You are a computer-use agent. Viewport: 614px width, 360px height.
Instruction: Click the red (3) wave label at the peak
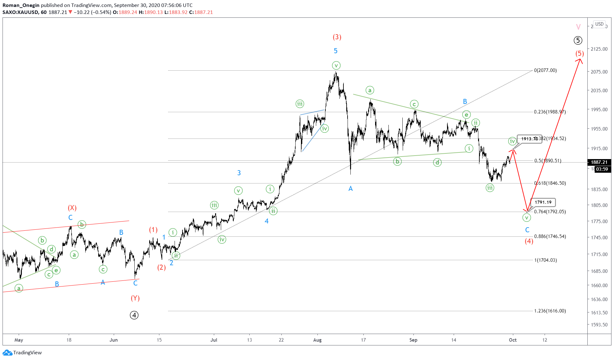click(337, 37)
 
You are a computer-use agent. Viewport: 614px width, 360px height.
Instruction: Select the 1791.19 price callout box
click(543, 202)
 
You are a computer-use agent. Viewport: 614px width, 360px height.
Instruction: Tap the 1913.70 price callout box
click(529, 139)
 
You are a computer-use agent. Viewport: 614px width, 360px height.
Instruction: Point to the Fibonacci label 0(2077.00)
click(545, 70)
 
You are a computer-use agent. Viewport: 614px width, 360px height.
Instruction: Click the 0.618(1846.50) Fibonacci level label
click(550, 183)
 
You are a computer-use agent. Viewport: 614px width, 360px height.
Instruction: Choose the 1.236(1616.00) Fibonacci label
click(550, 311)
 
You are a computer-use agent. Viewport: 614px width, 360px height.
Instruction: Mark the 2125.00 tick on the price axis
click(599, 49)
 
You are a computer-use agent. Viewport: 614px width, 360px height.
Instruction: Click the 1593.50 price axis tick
click(599, 325)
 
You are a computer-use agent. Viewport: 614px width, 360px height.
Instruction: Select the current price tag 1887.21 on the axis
click(599, 162)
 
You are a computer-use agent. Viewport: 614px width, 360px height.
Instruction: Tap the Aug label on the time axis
click(317, 340)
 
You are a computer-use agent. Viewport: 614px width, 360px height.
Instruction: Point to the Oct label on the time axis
click(513, 340)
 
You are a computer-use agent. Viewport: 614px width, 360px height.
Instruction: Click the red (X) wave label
click(72, 208)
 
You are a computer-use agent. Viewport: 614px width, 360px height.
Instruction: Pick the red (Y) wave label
click(135, 298)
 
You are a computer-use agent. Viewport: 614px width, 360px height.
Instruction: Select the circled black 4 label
click(134, 315)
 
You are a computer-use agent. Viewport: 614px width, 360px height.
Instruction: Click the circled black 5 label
click(578, 41)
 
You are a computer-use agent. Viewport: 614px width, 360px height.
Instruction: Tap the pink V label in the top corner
click(578, 27)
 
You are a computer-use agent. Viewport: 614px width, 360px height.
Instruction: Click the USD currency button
click(599, 24)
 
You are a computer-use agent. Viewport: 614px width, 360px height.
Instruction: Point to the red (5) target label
click(579, 54)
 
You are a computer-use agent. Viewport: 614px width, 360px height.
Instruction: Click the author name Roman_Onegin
click(21, 5)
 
